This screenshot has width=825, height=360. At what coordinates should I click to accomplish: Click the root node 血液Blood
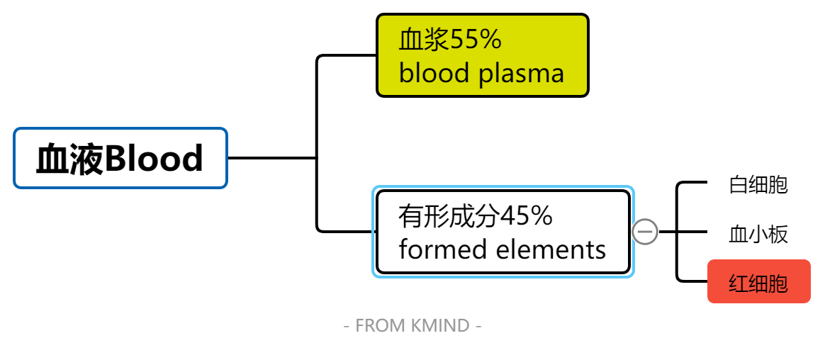click(120, 158)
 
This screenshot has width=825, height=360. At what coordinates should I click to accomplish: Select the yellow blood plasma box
click(482, 55)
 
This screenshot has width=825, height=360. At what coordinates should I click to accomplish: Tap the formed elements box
click(503, 232)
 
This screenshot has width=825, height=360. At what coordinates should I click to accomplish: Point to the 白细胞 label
click(758, 185)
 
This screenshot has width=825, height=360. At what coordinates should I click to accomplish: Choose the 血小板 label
click(758, 234)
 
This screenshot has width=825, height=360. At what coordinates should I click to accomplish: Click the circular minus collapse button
click(645, 232)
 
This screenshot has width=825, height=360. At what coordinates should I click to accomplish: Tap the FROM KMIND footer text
click(412, 325)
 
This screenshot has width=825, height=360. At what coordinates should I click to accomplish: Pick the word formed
click(434, 249)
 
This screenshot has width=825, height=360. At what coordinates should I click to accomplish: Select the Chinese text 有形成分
click(449, 216)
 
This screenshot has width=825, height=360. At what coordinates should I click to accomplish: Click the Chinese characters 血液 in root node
click(69, 159)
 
